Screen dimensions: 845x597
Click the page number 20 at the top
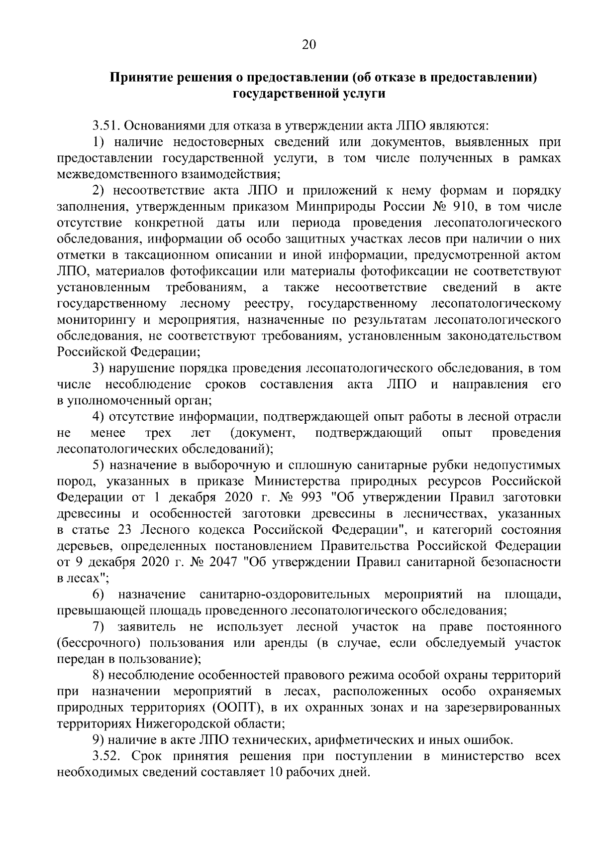pos(308,45)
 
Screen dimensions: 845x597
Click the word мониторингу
pos(90,320)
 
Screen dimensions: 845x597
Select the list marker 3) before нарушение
pos(98,368)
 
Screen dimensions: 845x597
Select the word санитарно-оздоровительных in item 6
pos(285,595)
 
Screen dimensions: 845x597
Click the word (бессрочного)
pos(94,643)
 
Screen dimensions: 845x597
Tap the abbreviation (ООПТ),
pos(235,708)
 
